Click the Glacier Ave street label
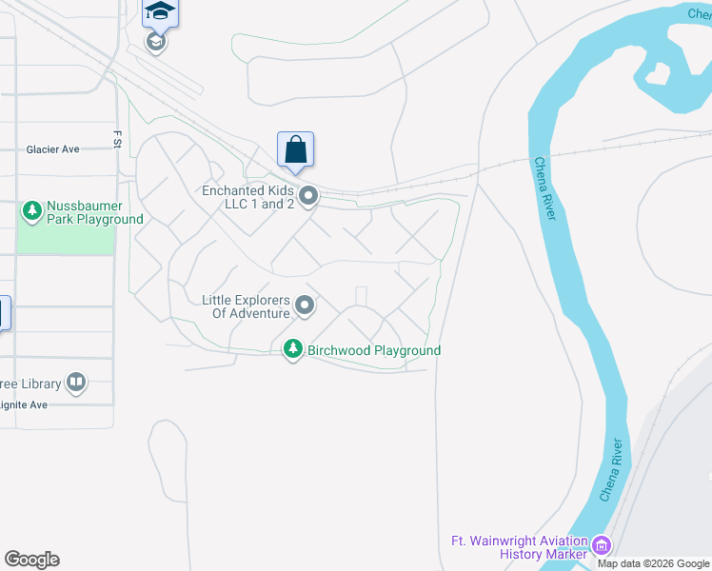pos(53,149)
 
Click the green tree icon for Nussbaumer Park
pos(31,209)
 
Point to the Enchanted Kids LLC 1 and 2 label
pos(247,197)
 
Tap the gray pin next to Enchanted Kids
pos(308,197)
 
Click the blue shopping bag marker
pos(295,149)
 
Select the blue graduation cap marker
pos(160,12)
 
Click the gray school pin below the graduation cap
pos(156,42)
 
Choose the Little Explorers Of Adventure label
pos(245,306)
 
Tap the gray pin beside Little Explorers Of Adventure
pos(305,305)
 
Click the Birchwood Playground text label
pos(374,350)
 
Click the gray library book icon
pos(76,384)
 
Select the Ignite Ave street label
pos(25,404)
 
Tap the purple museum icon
pos(601,546)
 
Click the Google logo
pos(31,560)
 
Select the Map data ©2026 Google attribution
pos(653,563)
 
